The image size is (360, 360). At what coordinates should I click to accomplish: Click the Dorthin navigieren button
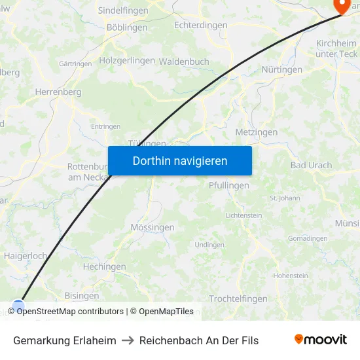[x=179, y=161]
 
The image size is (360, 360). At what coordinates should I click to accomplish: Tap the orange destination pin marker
[x=342, y=5]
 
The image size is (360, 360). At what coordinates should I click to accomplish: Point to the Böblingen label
[x=127, y=27]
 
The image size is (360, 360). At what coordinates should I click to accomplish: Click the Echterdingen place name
[x=201, y=25]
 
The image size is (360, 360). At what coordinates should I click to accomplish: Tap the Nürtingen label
[x=281, y=69]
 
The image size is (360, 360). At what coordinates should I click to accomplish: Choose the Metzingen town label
[x=256, y=132]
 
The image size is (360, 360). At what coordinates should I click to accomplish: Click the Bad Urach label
[x=311, y=165]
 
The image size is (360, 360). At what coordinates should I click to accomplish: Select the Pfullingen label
[x=228, y=185]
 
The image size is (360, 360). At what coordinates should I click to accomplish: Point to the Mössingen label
[x=153, y=227]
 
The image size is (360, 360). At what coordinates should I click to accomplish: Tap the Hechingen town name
[x=104, y=266]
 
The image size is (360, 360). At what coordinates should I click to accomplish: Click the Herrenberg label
[x=58, y=92]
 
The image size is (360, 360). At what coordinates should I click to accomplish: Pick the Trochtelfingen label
[x=238, y=298]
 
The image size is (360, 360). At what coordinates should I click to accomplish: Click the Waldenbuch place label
[x=184, y=62]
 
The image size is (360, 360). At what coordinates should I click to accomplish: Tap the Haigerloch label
[x=26, y=256]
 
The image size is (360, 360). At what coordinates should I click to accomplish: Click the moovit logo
[x=321, y=339]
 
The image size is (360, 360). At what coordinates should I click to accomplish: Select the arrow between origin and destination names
[x=128, y=340]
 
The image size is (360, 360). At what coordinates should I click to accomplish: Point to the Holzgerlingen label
[x=127, y=60]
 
